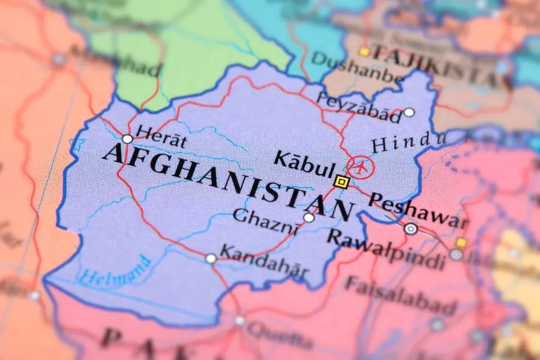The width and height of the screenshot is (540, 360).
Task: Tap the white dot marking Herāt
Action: pyautogui.click(x=127, y=139)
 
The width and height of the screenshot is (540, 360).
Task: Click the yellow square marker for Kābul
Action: pyautogui.click(x=341, y=181)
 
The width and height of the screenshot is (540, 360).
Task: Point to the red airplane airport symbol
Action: pyautogui.click(x=360, y=167)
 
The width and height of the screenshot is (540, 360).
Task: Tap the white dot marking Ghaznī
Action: pyautogui.click(x=308, y=218)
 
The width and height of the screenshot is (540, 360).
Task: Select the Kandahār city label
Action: pyautogui.click(x=265, y=261)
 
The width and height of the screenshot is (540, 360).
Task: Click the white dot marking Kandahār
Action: pyautogui.click(x=211, y=259)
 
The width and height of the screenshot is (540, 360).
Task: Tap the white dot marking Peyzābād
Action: pyautogui.click(x=409, y=112)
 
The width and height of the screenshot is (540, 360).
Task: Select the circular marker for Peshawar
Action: pyautogui.click(x=411, y=229)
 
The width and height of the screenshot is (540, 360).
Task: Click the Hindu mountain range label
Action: pyautogui.click(x=410, y=142)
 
